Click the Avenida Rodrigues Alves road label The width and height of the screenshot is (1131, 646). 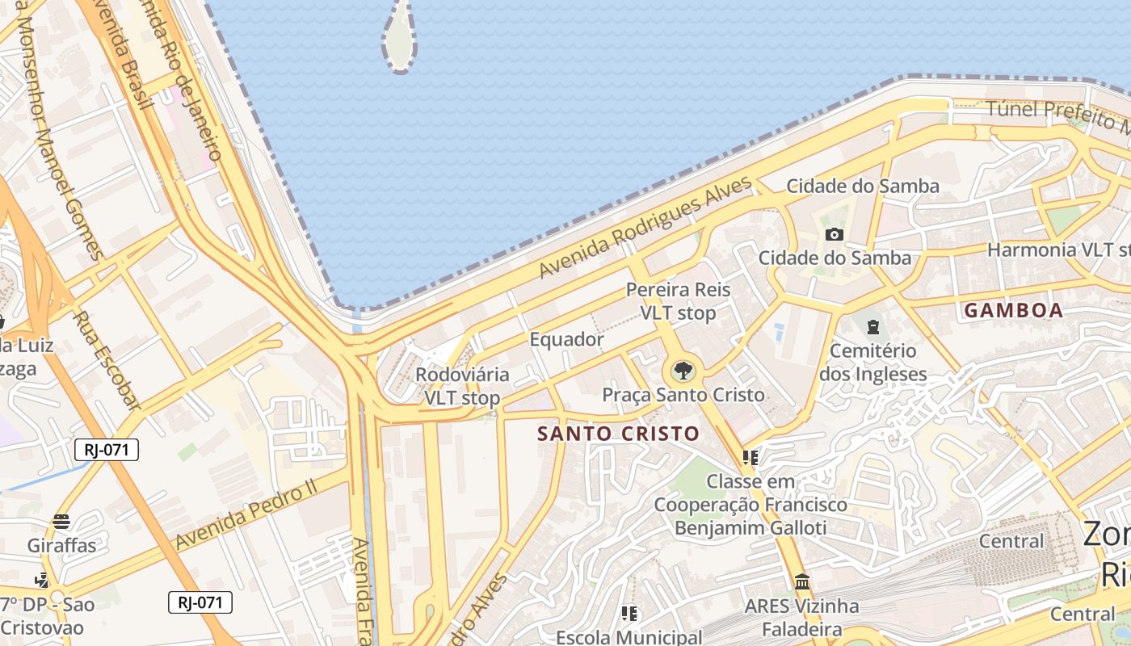[645, 229]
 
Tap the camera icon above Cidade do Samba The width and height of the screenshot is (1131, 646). [834, 235]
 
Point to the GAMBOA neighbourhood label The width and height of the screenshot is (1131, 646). [1014, 310]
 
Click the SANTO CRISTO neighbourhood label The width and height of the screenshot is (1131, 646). [618, 434]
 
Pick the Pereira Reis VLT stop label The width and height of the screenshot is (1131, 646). [678, 301]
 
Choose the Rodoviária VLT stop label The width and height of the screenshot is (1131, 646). [462, 386]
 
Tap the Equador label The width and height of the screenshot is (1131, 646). [566, 339]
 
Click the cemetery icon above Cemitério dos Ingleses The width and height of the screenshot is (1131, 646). [872, 327]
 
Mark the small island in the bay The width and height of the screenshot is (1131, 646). [399, 36]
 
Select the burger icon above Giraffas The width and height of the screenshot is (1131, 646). [61, 522]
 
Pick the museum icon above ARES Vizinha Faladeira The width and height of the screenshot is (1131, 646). [801, 581]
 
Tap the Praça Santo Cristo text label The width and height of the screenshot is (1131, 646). [683, 395]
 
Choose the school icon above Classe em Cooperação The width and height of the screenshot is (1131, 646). [750, 458]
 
